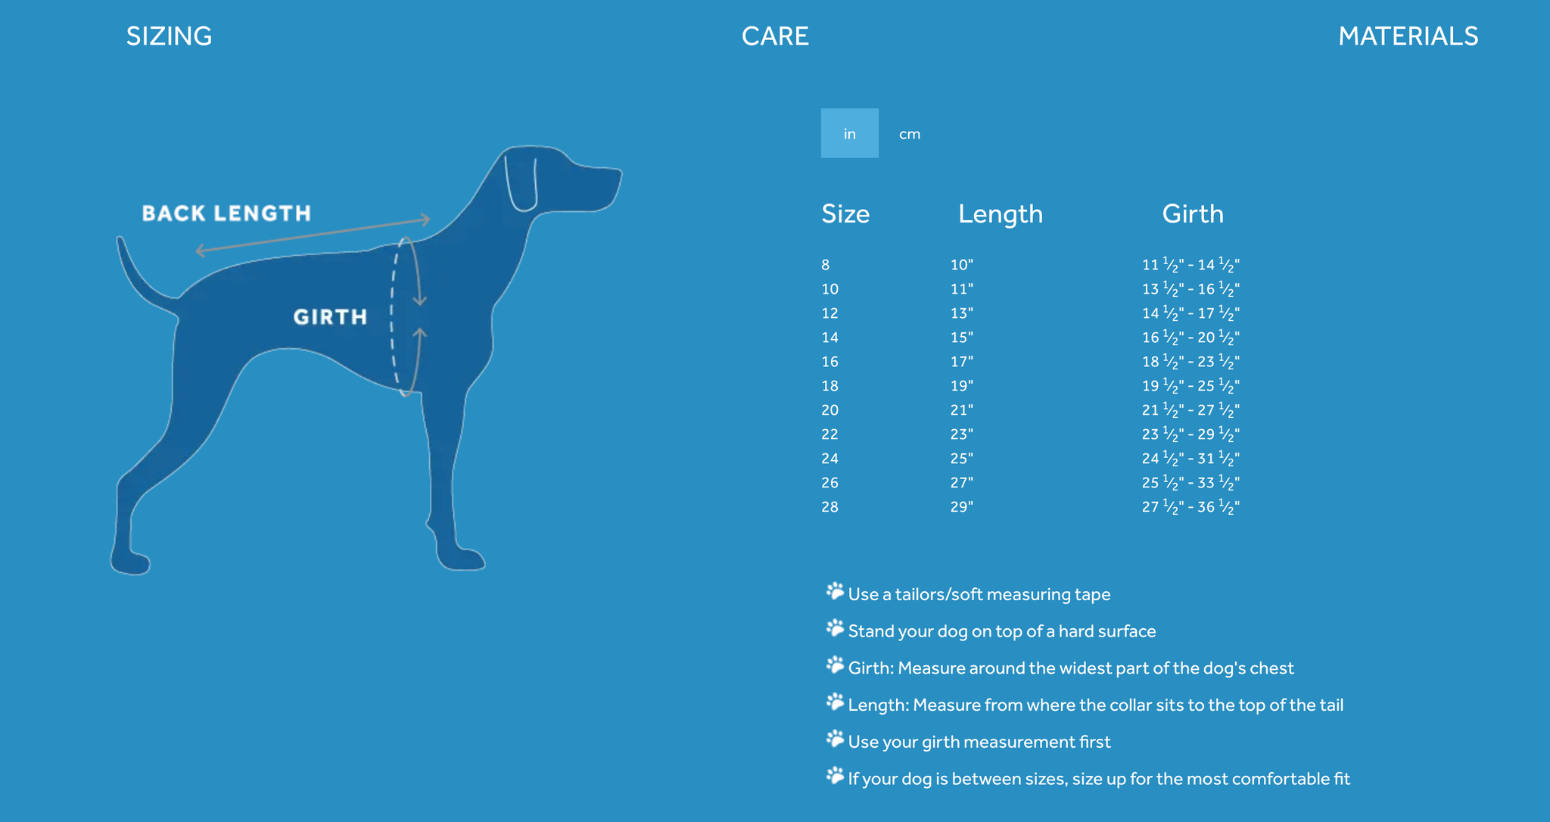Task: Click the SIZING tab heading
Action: click(x=169, y=36)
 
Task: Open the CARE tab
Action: click(x=775, y=36)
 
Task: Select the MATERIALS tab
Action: click(x=1408, y=36)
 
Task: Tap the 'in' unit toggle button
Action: click(x=850, y=133)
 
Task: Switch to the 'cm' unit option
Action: click(x=910, y=134)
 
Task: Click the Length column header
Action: click(x=1001, y=214)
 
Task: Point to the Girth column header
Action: click(x=1193, y=214)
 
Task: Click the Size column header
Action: click(x=845, y=214)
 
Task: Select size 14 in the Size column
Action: click(x=830, y=338)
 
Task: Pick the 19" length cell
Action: click(x=962, y=386)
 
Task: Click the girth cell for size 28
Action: click(x=1191, y=507)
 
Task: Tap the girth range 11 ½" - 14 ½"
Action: click(x=1191, y=265)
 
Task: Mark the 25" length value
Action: click(x=962, y=459)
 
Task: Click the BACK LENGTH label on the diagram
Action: click(x=226, y=213)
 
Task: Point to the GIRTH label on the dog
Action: click(x=330, y=316)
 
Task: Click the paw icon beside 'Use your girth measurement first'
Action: click(x=835, y=739)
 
